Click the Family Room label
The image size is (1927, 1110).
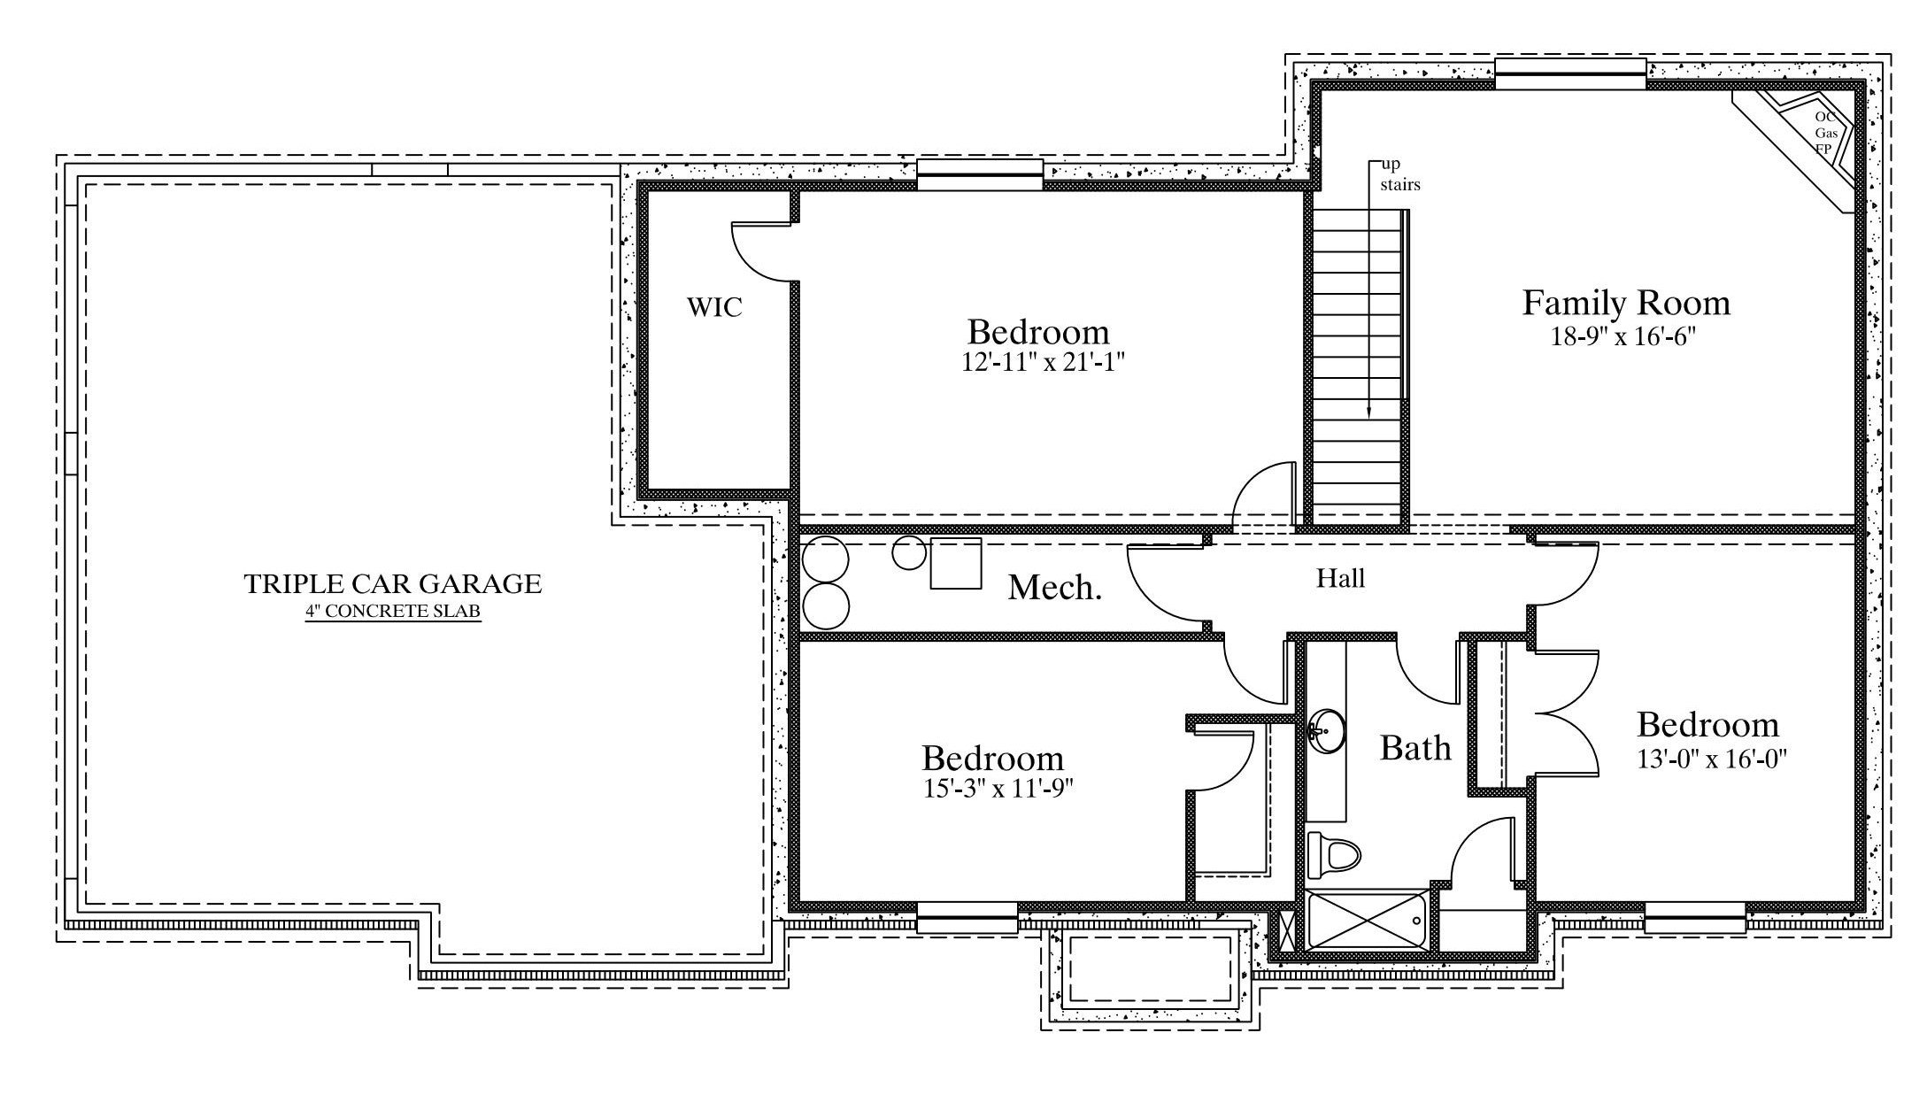[x=1626, y=304]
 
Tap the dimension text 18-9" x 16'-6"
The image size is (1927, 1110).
[x=1624, y=336]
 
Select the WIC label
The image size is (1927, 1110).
[x=714, y=307]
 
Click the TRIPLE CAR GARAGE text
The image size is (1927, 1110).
[x=393, y=583]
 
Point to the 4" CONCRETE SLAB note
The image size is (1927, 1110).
[x=393, y=612]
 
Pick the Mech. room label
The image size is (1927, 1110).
[x=1055, y=587]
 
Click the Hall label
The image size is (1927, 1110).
[x=1340, y=579]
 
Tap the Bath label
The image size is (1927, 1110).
[x=1416, y=749]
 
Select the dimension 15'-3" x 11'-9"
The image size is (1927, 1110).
[x=998, y=789]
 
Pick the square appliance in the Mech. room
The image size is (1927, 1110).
[x=956, y=563]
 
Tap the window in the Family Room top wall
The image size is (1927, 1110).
[x=1570, y=73]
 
